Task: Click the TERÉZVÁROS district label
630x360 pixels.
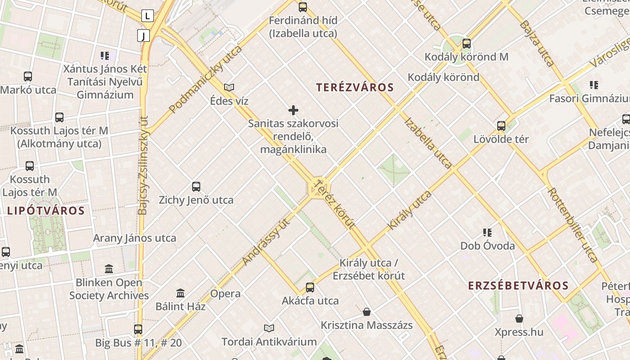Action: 355,87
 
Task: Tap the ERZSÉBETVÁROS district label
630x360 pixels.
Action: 518,285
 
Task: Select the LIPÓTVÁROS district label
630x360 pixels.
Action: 46,210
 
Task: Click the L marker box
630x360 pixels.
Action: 148,16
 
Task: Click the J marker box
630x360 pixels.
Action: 144,36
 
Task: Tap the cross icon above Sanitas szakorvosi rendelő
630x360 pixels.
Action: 293,110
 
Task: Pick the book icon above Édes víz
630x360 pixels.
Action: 229,87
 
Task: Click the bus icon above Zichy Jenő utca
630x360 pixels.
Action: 196,186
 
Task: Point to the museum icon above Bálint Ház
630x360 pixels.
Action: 180,293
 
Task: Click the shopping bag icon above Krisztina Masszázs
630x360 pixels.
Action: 367,311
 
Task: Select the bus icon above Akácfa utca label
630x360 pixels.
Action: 310,287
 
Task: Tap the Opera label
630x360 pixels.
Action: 225,294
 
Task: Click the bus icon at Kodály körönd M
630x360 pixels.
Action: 467,44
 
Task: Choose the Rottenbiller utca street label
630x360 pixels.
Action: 572,225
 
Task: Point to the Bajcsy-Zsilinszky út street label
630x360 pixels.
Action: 143,165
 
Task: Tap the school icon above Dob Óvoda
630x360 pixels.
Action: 487,233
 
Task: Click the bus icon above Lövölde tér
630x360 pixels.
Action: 501,126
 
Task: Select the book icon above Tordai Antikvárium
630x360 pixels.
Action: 269,328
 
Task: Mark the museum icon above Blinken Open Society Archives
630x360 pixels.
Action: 109,269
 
